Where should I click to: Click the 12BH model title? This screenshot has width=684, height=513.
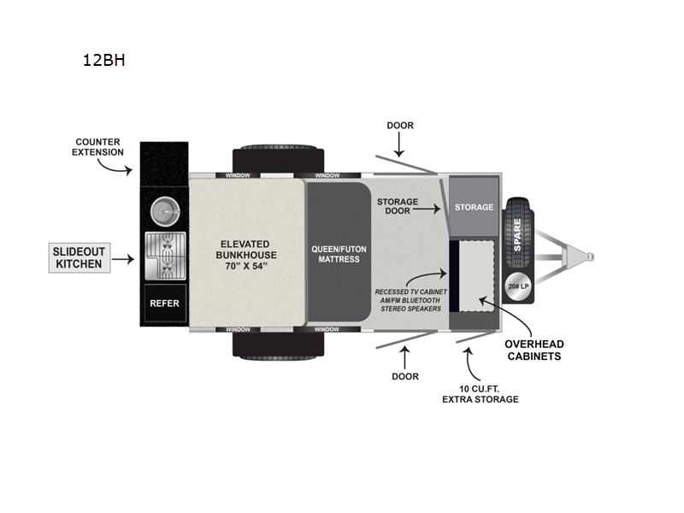[x=104, y=61]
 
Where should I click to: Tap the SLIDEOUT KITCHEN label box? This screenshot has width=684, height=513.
[x=79, y=257]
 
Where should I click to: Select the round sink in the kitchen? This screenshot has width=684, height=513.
[x=163, y=211]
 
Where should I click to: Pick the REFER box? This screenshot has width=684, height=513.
[x=163, y=302]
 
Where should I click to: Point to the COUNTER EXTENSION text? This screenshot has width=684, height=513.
[x=99, y=147]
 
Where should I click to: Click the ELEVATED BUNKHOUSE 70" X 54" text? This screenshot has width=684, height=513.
[x=241, y=255]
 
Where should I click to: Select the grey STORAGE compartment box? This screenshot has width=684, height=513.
[x=474, y=207]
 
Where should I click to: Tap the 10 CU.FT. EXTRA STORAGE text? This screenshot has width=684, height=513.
[x=480, y=393]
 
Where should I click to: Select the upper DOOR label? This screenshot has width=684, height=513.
[x=399, y=126]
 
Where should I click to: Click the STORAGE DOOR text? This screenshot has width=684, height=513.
[x=398, y=208]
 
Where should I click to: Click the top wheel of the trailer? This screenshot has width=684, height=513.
[x=278, y=159]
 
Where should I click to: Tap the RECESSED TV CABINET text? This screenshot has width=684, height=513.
[x=407, y=300]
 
